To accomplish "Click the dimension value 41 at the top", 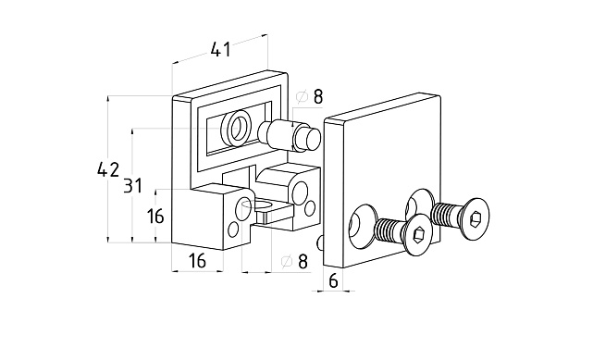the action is tap(221, 50).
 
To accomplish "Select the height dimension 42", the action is tap(108, 169).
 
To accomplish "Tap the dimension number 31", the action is tap(132, 186).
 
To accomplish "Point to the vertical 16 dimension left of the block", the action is tap(155, 217).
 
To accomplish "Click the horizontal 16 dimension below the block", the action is tap(197, 261).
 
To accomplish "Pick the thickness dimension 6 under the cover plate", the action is tap(333, 281).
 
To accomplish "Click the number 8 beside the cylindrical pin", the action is tap(318, 97).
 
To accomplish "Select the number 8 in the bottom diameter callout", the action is tap(303, 261).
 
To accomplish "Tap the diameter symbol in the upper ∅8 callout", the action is tap(302, 97).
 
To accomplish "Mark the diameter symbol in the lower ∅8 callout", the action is tap(287, 261).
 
